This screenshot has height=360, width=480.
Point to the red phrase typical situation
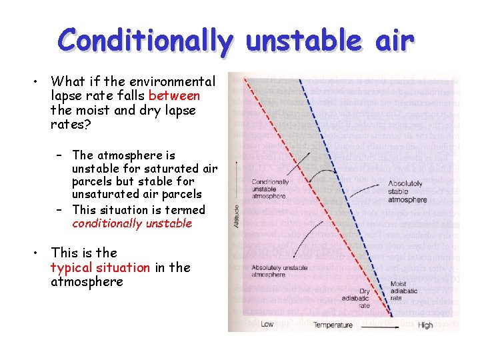tap(100, 267)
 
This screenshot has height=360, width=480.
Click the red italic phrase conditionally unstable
tap(132, 223)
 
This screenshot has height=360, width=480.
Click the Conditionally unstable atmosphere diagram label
tap(270, 189)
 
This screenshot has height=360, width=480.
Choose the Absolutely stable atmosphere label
tap(407, 193)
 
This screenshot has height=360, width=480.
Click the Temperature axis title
tap(333, 325)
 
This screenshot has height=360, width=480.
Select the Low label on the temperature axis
tap(267, 325)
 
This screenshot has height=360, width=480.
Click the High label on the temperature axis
tap(425, 325)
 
